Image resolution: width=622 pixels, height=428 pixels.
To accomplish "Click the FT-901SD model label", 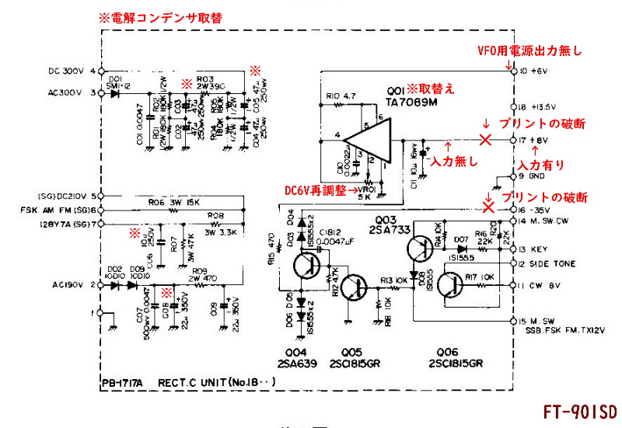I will [x=578, y=411].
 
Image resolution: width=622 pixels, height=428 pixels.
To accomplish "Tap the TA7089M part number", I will [x=410, y=101].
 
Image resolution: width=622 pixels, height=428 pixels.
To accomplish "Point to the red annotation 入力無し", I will [x=453, y=161].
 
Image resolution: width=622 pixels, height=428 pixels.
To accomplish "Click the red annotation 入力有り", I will [x=541, y=165].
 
